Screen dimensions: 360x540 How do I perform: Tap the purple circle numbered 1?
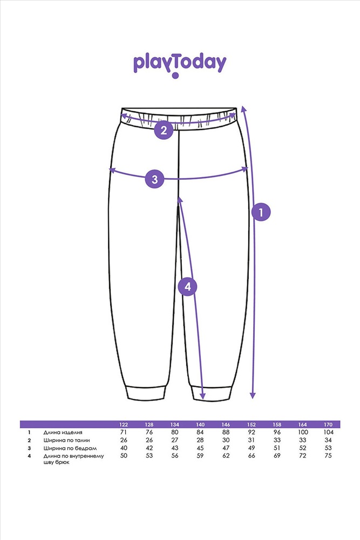(x=261, y=212)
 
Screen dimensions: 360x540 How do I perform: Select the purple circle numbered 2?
(x=164, y=130)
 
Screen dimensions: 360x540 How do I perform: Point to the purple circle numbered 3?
(x=154, y=179)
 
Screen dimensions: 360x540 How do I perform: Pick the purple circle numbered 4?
(x=188, y=287)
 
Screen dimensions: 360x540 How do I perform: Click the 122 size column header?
(x=124, y=424)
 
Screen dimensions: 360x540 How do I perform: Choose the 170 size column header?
(x=328, y=424)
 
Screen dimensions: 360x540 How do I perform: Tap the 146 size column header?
(x=226, y=424)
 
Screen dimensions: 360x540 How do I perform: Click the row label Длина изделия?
(x=63, y=433)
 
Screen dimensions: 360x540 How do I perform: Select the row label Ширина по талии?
(x=66, y=440)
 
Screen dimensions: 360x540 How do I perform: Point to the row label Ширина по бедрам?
(x=70, y=448)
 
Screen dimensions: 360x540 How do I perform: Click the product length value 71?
(x=124, y=432)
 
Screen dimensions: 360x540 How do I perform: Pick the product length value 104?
(x=328, y=432)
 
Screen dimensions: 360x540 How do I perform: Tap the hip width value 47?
(x=226, y=448)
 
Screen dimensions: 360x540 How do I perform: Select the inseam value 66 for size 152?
(x=252, y=456)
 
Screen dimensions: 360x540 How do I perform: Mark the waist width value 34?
(x=328, y=440)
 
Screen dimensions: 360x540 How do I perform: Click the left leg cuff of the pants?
(x=147, y=393)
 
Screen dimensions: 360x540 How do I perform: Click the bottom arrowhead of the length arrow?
(x=253, y=395)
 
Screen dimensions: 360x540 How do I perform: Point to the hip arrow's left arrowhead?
(x=112, y=170)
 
